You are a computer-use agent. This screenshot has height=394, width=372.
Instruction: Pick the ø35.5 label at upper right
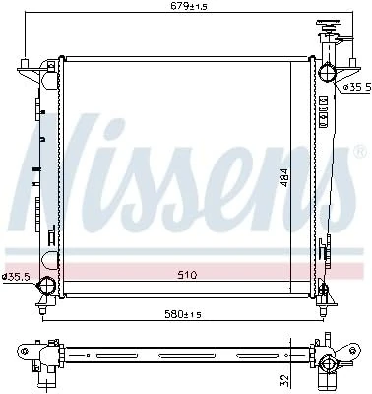(x=356, y=87)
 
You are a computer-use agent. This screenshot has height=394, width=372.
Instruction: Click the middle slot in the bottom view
(x=183, y=350)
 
